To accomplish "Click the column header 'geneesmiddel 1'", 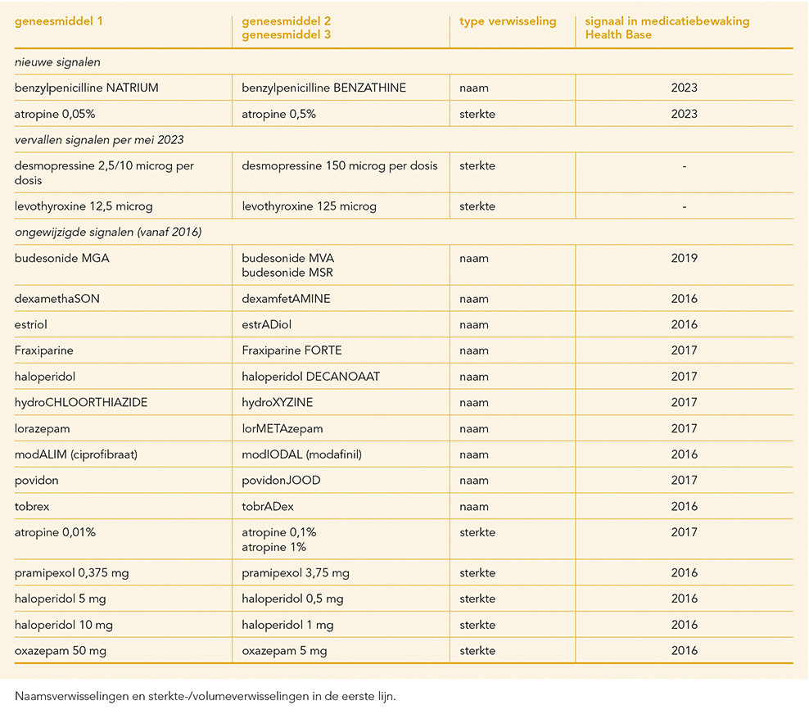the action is pos(59,21).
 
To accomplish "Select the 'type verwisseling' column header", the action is pos(508,21).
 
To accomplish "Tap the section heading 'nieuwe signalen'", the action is pos(57,62).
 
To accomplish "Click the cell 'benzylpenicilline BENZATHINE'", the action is pos(323,88).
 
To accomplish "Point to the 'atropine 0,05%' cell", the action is pos(55,114).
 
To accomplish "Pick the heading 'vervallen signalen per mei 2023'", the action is pos(99,140).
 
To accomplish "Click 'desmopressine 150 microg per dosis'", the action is pos(340,165).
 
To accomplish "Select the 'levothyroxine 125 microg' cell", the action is pos(309,206).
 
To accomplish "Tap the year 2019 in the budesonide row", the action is pos(685,258).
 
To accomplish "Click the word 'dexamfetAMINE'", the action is pos(286,299).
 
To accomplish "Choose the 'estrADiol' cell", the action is pos(266,324).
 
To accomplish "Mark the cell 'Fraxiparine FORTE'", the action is pos(292,350).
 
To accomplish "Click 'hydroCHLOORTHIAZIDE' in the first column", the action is pos(81,402).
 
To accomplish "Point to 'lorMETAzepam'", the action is pos(282,429).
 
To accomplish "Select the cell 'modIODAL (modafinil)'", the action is pos(302,454).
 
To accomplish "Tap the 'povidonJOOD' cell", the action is pos(281,481).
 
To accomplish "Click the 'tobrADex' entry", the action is pos(268,506).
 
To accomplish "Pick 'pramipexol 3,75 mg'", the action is pos(296,572).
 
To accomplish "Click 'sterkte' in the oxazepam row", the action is pos(477,651).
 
